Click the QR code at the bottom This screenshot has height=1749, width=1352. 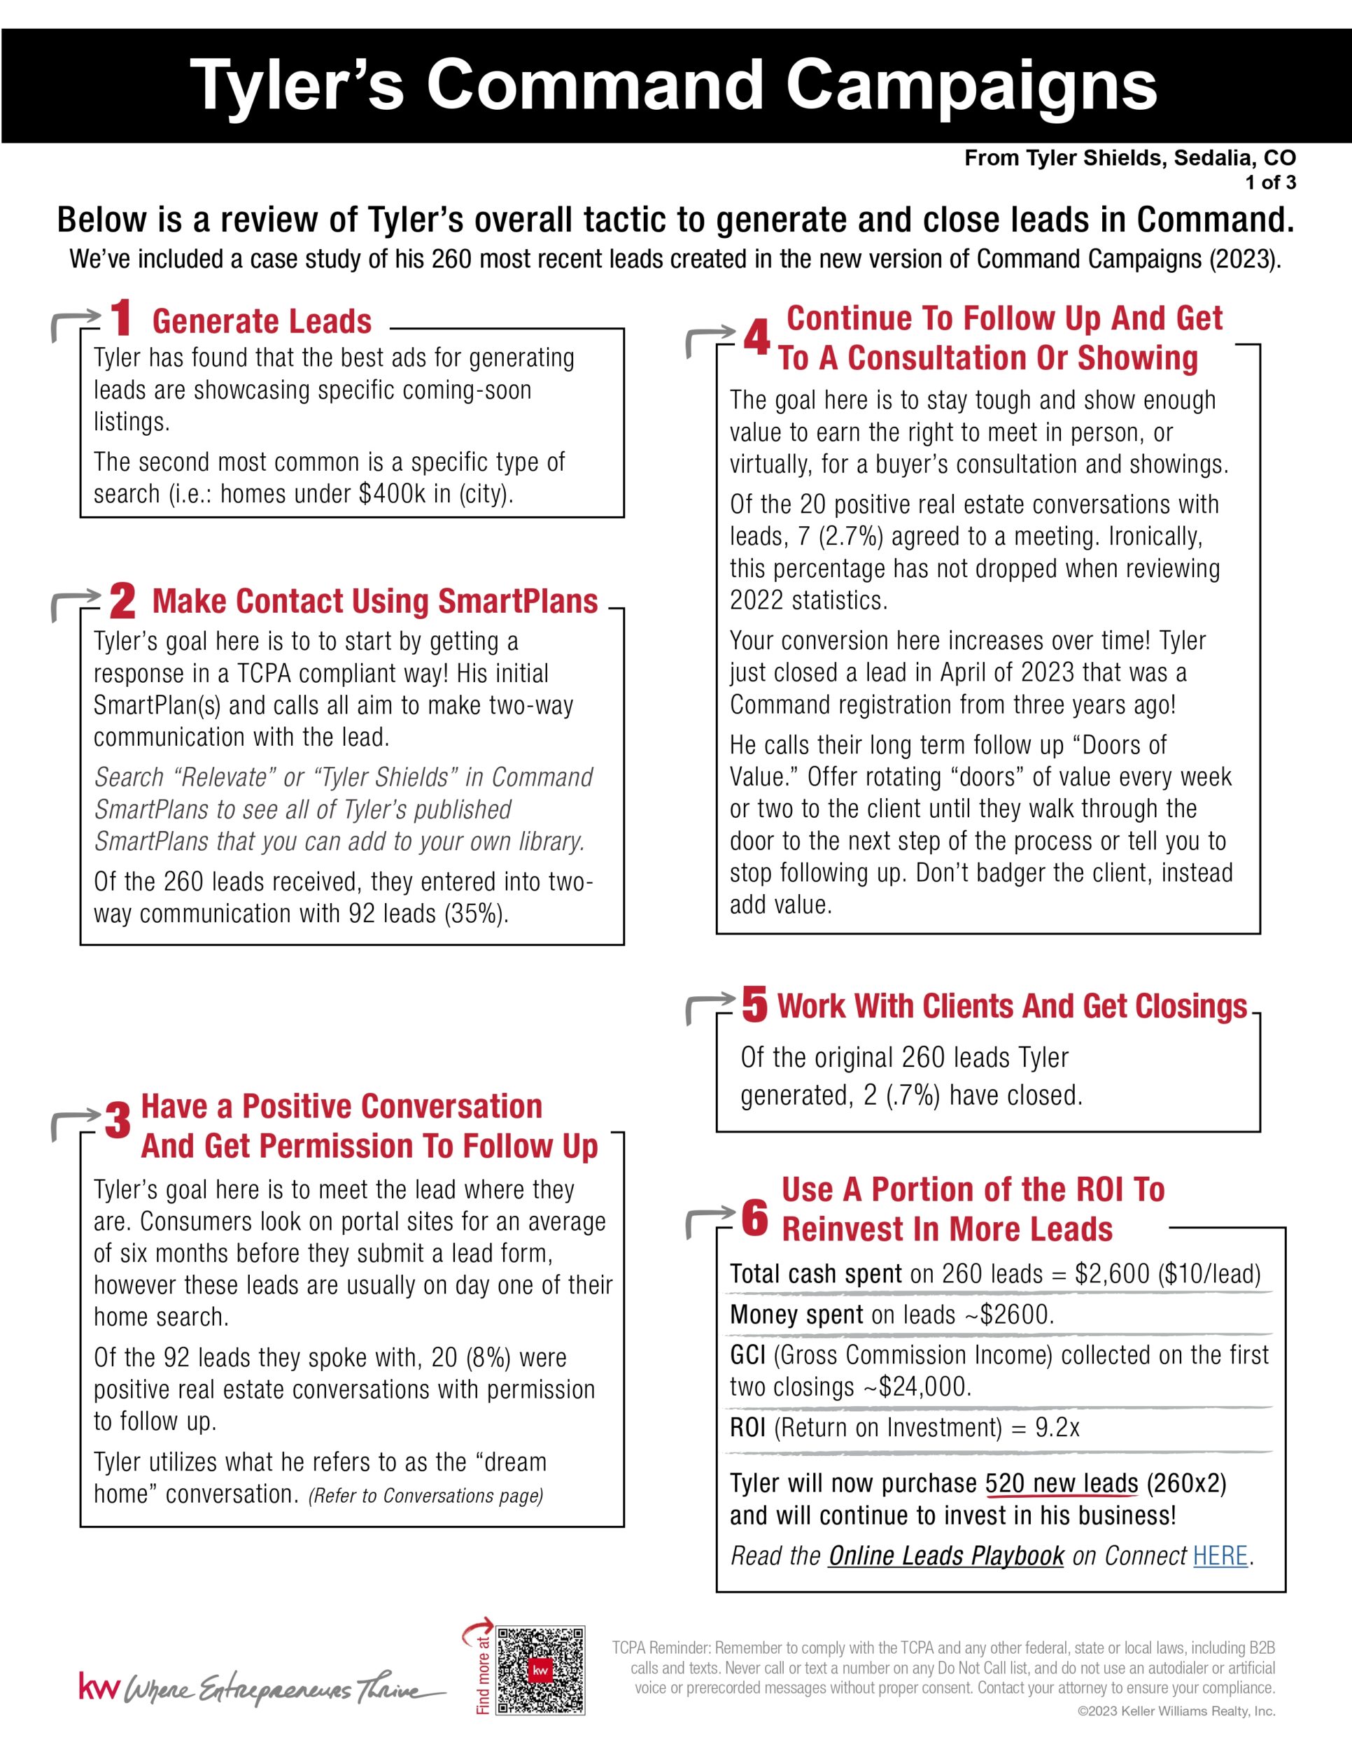point(541,1671)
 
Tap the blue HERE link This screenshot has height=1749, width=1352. point(1220,1555)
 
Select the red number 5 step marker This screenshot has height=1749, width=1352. point(754,1004)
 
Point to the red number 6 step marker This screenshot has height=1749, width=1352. point(754,1218)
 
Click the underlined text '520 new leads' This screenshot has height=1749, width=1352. point(1062,1483)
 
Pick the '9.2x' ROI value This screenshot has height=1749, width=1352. point(1057,1427)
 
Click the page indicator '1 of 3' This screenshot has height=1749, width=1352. point(1270,183)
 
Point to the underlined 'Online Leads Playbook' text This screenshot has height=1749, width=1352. point(946,1555)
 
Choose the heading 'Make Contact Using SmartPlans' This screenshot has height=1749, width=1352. point(375,601)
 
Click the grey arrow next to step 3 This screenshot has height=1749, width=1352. point(74,1122)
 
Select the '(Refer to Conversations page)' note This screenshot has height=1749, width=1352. point(425,1495)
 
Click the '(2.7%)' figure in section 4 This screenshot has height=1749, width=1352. point(851,536)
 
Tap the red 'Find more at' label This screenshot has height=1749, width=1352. point(483,1673)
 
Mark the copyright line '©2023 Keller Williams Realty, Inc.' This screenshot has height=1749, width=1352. point(1176,1711)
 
